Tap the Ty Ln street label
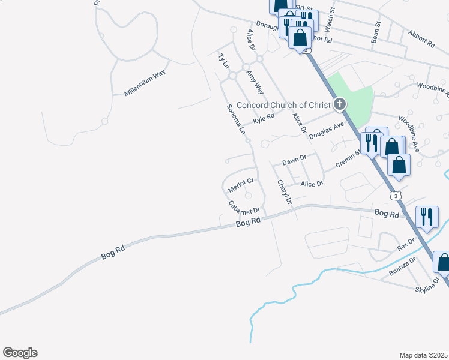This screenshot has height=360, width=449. coord(223,61)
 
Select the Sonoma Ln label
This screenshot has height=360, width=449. coord(236,119)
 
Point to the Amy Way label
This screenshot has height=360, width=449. coord(255,82)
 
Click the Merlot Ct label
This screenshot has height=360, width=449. coord(242,185)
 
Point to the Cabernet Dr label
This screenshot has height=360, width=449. coord(244,208)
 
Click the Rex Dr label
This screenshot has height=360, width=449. coord(406,244)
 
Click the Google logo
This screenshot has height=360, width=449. coord(20,353)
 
